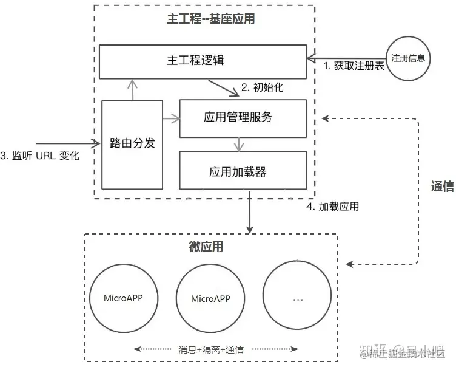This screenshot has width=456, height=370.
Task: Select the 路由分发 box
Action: [132, 144]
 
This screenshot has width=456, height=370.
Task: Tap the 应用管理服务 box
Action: [243, 117]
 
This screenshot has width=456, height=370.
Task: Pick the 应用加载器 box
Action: [243, 172]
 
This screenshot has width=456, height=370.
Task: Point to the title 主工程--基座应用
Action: [210, 19]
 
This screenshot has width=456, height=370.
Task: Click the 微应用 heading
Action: [206, 247]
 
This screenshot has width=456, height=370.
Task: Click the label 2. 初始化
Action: [262, 87]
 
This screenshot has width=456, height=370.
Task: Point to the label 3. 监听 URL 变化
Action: [39, 156]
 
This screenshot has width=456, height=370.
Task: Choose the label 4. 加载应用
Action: [332, 207]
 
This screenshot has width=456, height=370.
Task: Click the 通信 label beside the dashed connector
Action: [442, 187]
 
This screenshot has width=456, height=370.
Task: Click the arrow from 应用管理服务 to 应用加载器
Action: [241, 145]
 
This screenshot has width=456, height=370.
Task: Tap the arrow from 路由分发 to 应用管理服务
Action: [172, 117]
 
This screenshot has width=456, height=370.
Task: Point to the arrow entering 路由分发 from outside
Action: [67, 144]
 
